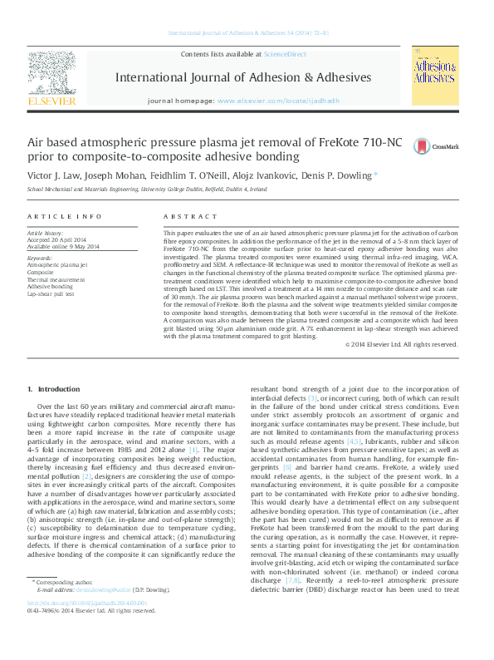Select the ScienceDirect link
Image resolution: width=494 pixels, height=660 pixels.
(284, 54)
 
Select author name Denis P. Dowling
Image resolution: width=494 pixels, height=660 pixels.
(338, 176)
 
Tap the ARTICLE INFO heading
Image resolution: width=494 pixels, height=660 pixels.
(65, 216)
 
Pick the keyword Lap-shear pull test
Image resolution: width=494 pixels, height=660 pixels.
(51, 293)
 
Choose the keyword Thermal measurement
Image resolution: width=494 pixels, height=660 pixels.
(56, 279)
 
